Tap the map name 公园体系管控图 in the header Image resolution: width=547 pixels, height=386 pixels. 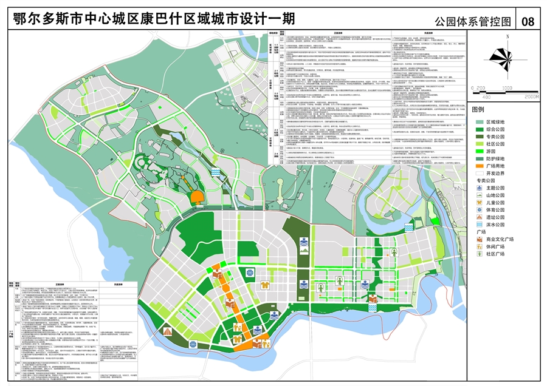(473, 21)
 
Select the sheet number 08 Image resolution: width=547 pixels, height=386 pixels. (528, 21)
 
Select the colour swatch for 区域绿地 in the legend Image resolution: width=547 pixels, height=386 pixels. (478, 123)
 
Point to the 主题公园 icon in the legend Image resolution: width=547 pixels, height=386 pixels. (478, 188)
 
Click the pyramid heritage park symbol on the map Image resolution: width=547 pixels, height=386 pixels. (167, 332)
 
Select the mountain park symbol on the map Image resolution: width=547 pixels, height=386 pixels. (303, 244)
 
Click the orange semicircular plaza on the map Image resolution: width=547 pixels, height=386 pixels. (197, 198)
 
